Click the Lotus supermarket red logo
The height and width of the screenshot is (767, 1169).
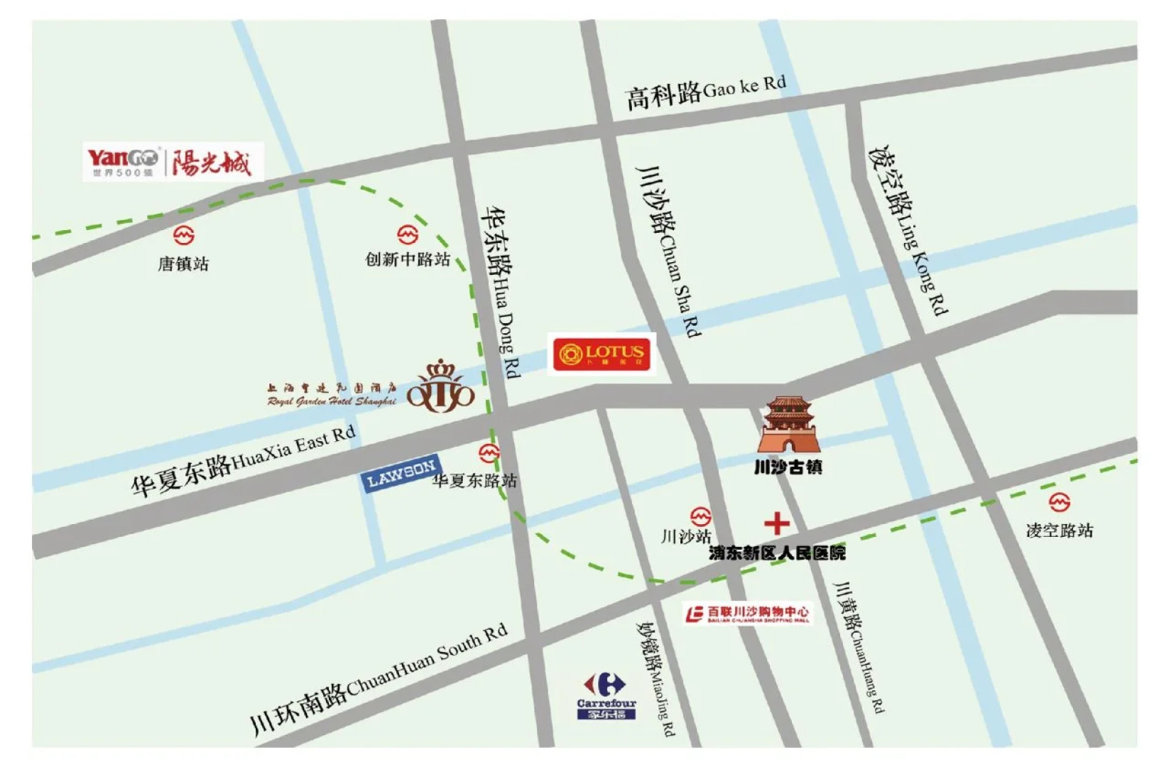click(x=601, y=353)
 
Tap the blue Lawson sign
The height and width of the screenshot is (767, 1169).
click(x=401, y=473)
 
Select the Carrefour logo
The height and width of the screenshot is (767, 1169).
click(x=605, y=696)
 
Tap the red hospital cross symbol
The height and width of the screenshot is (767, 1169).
click(x=777, y=523)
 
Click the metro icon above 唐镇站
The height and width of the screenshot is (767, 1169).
click(x=183, y=234)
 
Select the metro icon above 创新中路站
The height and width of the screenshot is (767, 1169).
click(x=408, y=234)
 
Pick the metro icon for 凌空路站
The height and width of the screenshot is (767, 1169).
click(x=1059, y=502)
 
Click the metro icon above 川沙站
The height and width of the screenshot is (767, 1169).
click(x=700, y=516)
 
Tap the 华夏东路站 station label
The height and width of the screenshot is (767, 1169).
click(x=474, y=481)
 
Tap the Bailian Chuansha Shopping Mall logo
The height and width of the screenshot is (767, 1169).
click(x=747, y=614)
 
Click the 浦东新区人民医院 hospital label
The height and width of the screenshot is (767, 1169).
click(x=777, y=553)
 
